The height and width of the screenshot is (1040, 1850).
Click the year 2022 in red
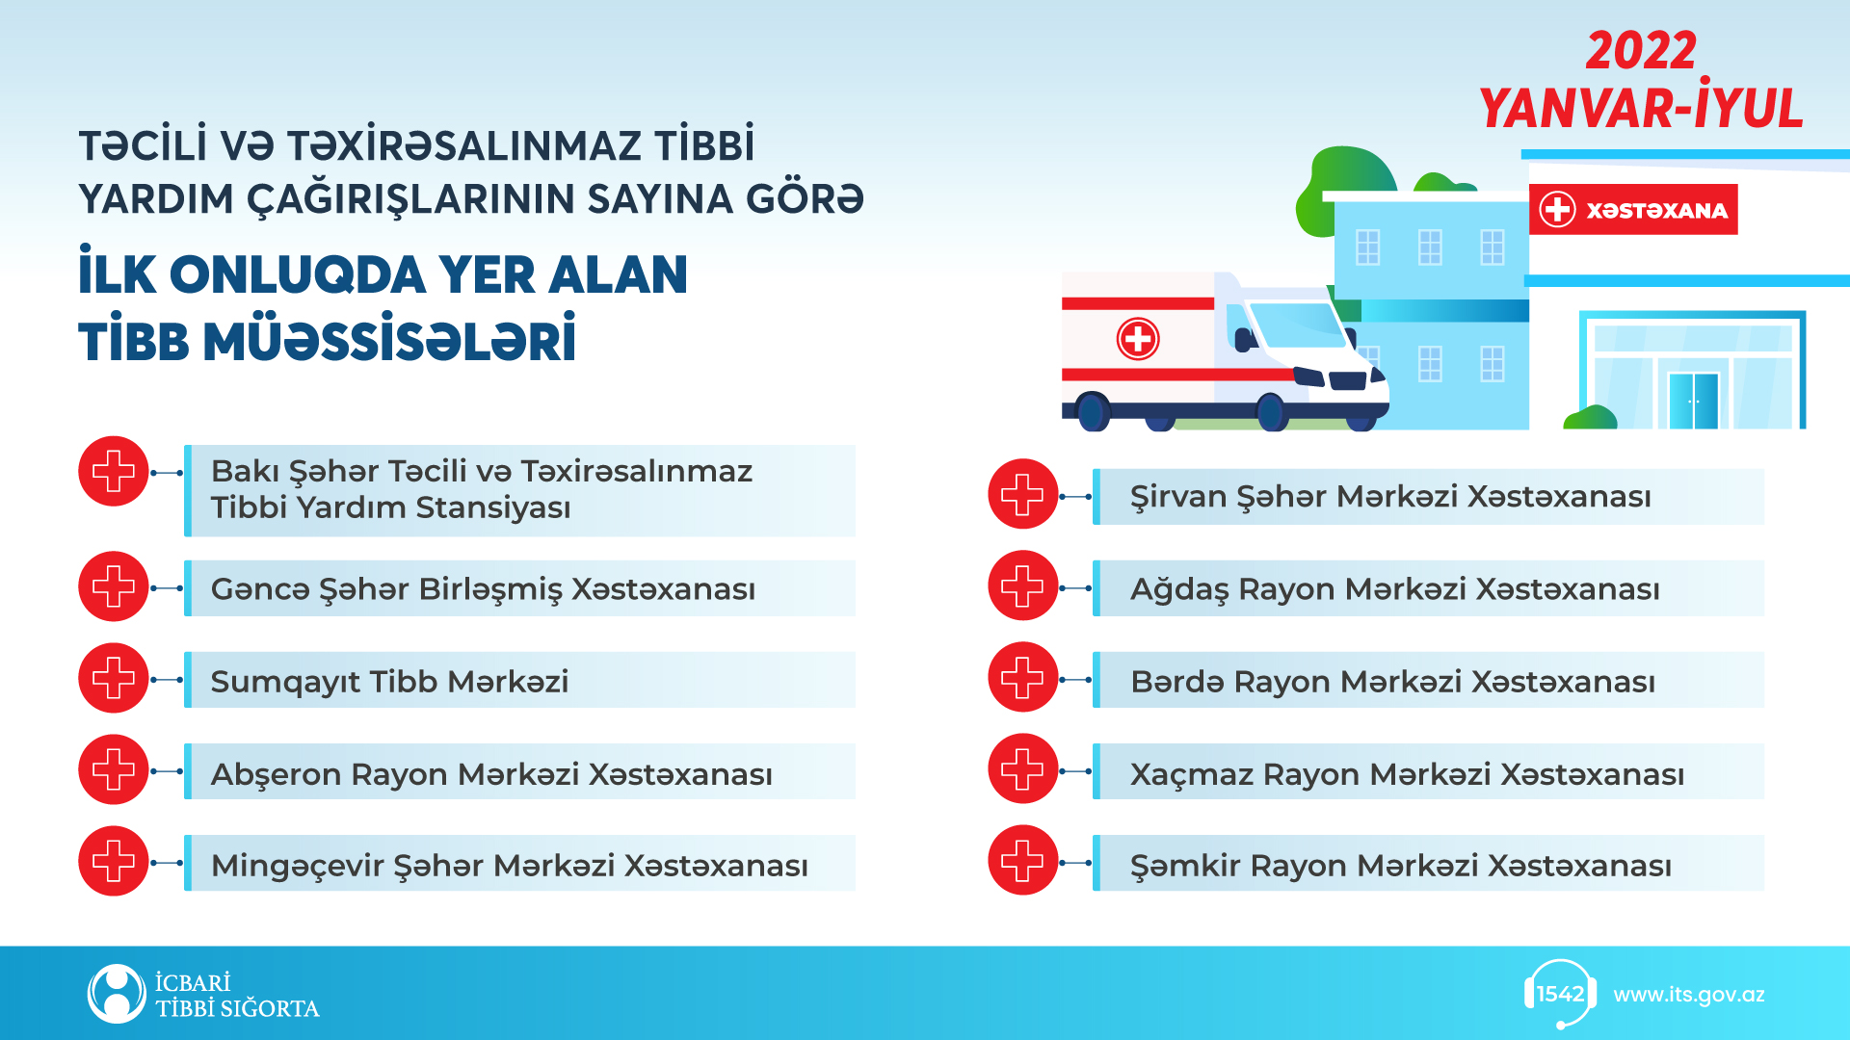pos(1641,50)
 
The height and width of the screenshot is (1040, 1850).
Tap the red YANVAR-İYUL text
pos(1641,107)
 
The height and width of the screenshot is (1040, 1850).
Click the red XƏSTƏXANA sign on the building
pos(1633,209)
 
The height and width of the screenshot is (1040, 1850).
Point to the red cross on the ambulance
pos(1138,339)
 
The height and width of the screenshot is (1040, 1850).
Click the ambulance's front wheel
pos(1272,412)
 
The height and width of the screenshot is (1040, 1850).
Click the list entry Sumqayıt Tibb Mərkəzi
pos(389,681)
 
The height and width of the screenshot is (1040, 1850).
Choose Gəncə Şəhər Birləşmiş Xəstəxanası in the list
pos(483,588)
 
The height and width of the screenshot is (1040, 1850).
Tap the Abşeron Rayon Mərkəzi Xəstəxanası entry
pos(491,773)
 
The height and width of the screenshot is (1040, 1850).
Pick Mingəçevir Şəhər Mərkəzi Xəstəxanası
pos(509,865)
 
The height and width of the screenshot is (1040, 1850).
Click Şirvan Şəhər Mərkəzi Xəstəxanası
pos(1390,496)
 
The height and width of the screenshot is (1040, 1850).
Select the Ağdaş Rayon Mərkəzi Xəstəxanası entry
pos(1394,588)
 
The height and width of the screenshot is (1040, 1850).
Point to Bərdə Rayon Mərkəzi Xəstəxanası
pos(1392,681)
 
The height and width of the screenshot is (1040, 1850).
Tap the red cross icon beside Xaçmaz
pos(1023,769)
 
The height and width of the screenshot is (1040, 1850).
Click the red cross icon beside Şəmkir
pos(1023,861)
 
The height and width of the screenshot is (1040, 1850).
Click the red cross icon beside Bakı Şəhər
pos(114,472)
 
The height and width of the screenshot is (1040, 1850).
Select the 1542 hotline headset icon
pos(1560,994)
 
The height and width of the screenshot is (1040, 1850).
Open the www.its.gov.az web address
pos(1689,995)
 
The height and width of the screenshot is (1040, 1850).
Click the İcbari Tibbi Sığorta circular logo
pos(117,994)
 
